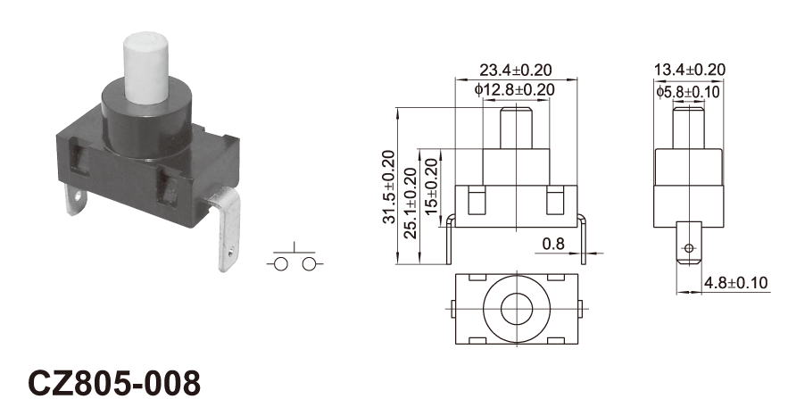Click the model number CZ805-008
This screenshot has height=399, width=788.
[114, 383]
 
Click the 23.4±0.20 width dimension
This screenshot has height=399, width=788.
[515, 70]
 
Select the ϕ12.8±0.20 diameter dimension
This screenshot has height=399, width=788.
[515, 90]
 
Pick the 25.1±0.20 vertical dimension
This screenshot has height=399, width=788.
[411, 203]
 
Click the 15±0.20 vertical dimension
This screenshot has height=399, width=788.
[432, 187]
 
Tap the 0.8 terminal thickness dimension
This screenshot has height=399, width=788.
[553, 245]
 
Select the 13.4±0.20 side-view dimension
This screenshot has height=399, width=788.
[690, 70]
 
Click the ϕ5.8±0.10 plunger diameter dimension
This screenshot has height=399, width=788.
[688, 91]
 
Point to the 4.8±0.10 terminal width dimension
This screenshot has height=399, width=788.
[735, 283]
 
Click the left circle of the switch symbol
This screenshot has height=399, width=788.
[280, 264]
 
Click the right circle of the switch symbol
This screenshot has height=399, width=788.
[309, 264]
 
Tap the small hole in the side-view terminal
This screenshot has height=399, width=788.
[689, 248]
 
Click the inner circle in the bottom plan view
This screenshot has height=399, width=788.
[517, 309]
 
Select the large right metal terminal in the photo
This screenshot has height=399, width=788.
[224, 227]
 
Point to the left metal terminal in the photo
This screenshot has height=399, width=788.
[75, 199]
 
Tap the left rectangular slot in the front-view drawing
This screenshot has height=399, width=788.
[477, 200]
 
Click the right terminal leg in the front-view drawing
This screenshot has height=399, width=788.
[583, 241]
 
